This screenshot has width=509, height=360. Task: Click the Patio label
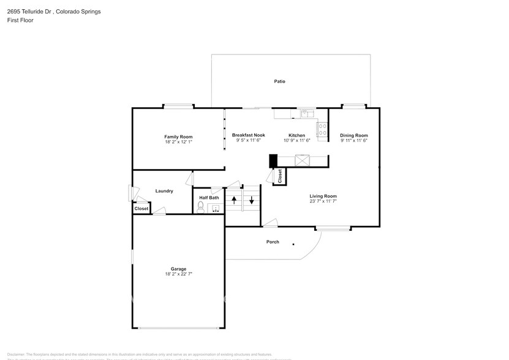279,81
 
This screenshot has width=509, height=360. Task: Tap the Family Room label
178,136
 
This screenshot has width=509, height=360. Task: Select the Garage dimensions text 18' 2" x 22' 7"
178,274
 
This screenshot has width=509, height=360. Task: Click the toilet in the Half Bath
200,208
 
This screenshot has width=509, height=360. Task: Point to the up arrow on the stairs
233,200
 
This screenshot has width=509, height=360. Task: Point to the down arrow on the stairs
251,200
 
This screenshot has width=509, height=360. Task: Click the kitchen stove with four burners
322,129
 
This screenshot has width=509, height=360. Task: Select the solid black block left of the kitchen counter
273,160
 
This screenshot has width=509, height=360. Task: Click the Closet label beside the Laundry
141,209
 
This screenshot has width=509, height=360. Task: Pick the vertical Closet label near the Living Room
280,177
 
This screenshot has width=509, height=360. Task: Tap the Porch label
273,242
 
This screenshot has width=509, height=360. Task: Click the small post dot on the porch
293,244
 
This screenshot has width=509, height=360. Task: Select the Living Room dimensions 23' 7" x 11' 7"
323,201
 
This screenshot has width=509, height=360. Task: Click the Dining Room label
354,135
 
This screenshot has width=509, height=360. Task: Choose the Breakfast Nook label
248,135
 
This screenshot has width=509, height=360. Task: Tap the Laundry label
164,191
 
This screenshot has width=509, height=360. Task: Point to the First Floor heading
20,20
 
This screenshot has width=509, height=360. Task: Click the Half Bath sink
215,208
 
